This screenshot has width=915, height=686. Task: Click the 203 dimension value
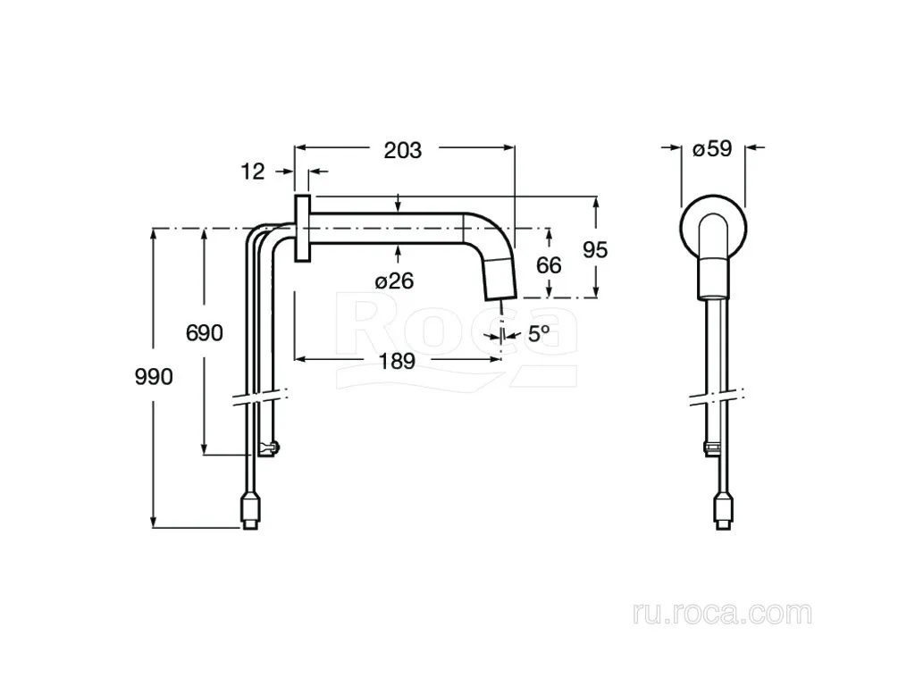pyautogui.click(x=403, y=150)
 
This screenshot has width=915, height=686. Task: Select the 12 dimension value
pyautogui.click(x=253, y=171)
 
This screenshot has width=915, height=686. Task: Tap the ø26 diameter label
pyautogui.click(x=394, y=281)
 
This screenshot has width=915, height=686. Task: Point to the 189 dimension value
pyautogui.click(x=398, y=361)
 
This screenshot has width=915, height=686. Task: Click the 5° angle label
pyautogui.click(x=539, y=334)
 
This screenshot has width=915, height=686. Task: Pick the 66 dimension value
pyautogui.click(x=549, y=265)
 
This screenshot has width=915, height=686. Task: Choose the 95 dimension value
pyautogui.click(x=595, y=250)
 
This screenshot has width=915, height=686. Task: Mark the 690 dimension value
pyautogui.click(x=205, y=333)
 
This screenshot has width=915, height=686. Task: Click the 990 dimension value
pyautogui.click(x=154, y=377)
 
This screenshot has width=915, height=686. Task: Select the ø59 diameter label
pyautogui.click(x=712, y=148)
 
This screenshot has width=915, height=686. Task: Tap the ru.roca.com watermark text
pyautogui.click(x=722, y=614)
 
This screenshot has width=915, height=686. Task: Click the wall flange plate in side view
pyautogui.click(x=302, y=228)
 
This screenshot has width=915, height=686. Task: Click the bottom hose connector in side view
pyautogui.click(x=250, y=512)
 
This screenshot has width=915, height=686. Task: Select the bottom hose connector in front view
pyautogui.click(x=724, y=512)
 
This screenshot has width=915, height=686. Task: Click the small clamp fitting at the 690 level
pyautogui.click(x=268, y=449)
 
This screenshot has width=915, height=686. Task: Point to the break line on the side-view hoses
pyautogui.click(x=260, y=397)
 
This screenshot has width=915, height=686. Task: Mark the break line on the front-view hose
pyautogui.click(x=718, y=397)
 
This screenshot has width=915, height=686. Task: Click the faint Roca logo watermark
pyautogui.click(x=457, y=341)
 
